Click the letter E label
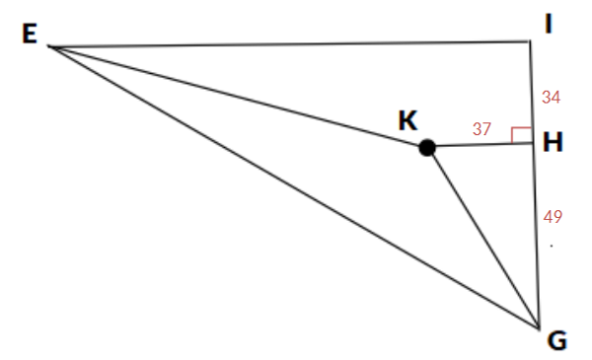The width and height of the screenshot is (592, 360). click(x=29, y=35)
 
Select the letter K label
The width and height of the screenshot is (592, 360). click(x=407, y=120)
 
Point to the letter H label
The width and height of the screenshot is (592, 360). click(x=553, y=143)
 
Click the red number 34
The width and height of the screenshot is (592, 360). click(x=552, y=97)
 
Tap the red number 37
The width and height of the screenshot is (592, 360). click(x=482, y=129)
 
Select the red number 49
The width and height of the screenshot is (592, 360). click(x=553, y=217)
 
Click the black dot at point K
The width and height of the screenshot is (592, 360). click(x=427, y=148)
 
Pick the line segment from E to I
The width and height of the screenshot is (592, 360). click(x=286, y=44)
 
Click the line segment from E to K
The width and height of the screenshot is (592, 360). click(x=237, y=97)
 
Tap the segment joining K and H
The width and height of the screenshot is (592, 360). click(x=481, y=145)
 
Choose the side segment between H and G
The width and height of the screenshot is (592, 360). click(x=536, y=237)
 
